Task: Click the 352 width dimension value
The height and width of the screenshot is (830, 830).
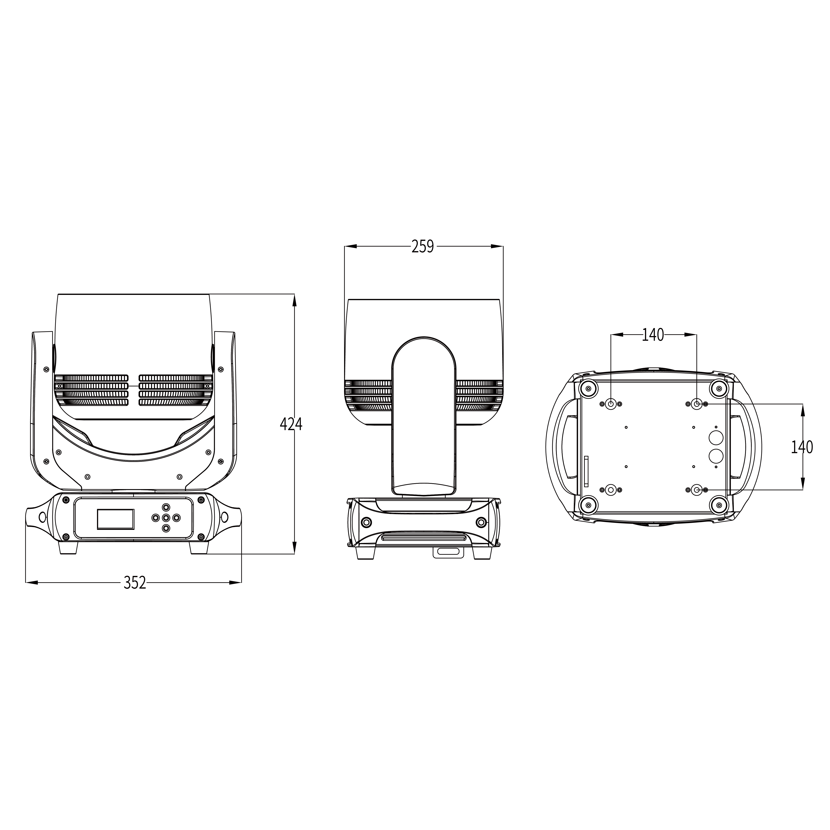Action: point(135,583)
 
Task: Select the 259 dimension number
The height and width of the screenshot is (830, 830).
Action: point(423,247)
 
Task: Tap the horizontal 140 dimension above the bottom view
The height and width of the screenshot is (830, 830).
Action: point(653,335)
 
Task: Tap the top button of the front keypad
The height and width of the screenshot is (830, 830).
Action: point(166,507)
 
